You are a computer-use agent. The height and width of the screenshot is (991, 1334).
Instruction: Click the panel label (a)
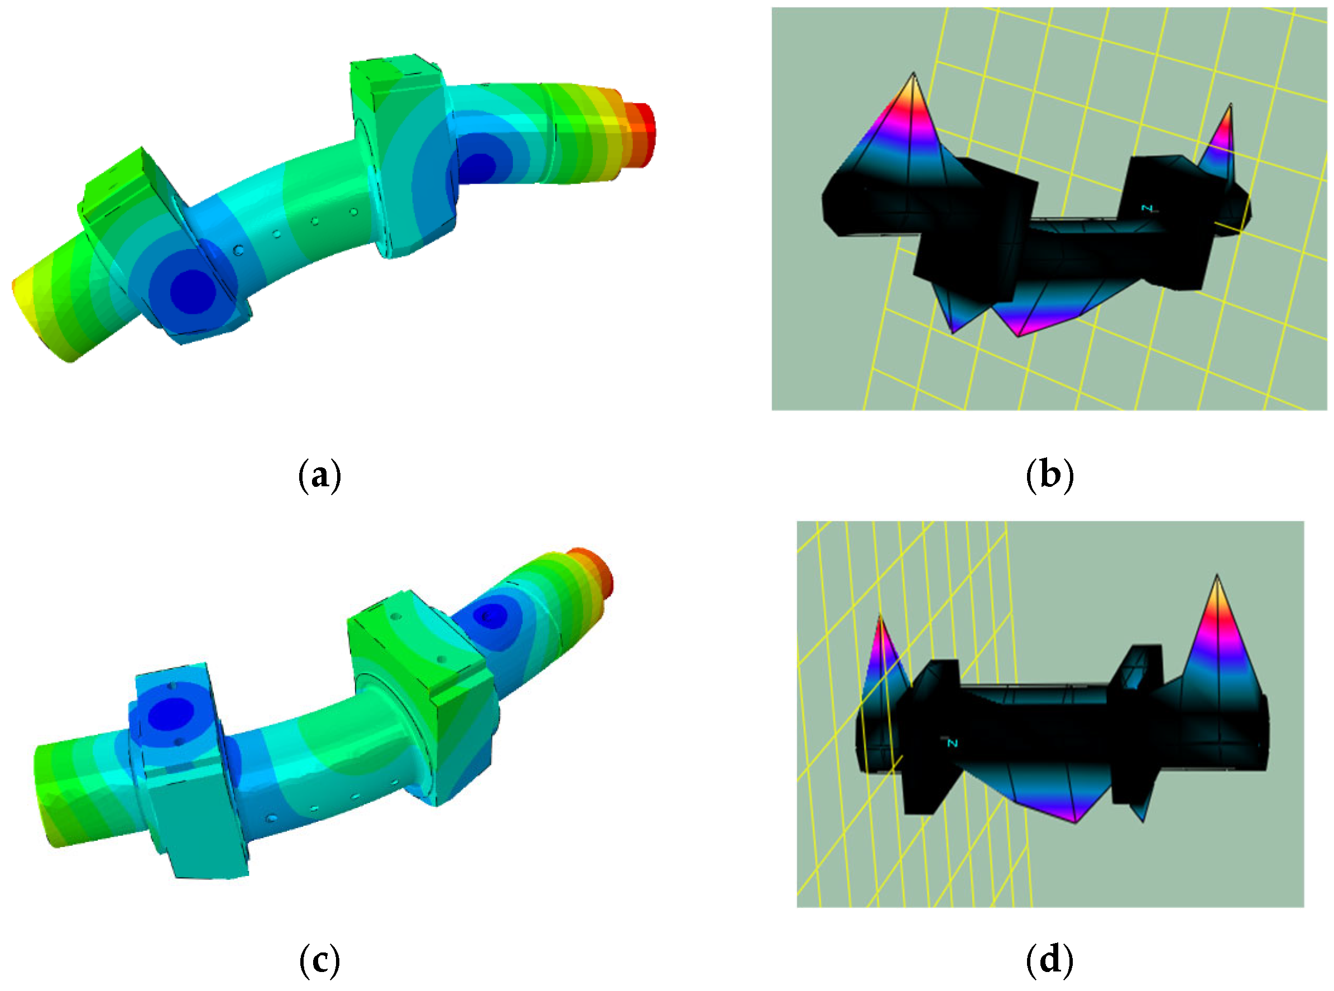320,475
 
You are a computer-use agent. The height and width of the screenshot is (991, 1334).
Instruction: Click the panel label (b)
1049,475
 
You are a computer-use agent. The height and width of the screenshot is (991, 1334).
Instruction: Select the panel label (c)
320,960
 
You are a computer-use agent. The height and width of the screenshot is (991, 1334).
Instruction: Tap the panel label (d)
1049,960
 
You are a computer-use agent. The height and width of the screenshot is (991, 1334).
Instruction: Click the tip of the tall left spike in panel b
913,73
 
